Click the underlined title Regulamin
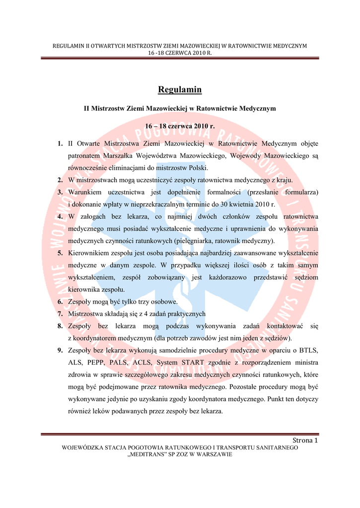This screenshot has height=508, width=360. tap(180, 90)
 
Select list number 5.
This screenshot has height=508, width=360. tap(60, 253)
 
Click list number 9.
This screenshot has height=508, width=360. tap(60, 351)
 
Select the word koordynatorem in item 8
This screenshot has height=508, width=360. tap(97, 338)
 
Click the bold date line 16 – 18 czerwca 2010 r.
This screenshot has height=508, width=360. tap(180, 127)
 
